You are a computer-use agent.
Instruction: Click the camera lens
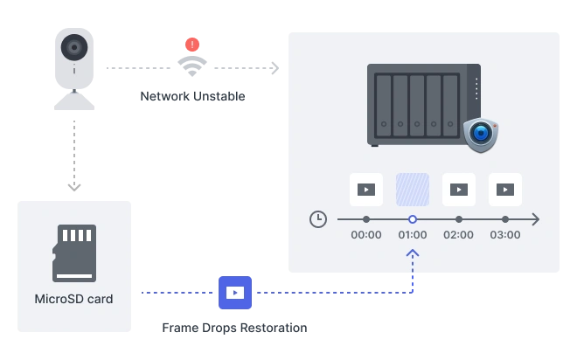point(74,47)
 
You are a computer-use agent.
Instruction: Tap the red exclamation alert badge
point(192,45)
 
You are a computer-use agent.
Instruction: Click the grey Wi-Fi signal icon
point(192,66)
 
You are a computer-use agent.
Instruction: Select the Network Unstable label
point(192,96)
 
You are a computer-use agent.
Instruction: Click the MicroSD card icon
point(74,253)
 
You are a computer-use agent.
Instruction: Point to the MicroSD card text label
point(74,299)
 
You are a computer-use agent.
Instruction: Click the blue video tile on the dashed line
point(235,293)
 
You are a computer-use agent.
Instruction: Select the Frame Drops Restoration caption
point(234,328)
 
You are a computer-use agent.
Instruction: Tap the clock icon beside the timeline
point(318,219)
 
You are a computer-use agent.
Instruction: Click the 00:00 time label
point(366,234)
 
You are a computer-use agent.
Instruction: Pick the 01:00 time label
point(413,234)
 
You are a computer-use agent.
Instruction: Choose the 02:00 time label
point(458,234)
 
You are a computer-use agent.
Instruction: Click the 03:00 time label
point(505,234)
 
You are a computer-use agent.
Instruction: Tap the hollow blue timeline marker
point(413,219)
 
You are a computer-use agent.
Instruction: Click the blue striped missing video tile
point(413,190)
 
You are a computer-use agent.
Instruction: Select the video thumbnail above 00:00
point(366,190)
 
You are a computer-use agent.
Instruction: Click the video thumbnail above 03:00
point(505,190)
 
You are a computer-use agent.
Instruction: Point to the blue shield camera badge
point(481,135)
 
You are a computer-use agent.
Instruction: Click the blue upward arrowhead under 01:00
point(413,253)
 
